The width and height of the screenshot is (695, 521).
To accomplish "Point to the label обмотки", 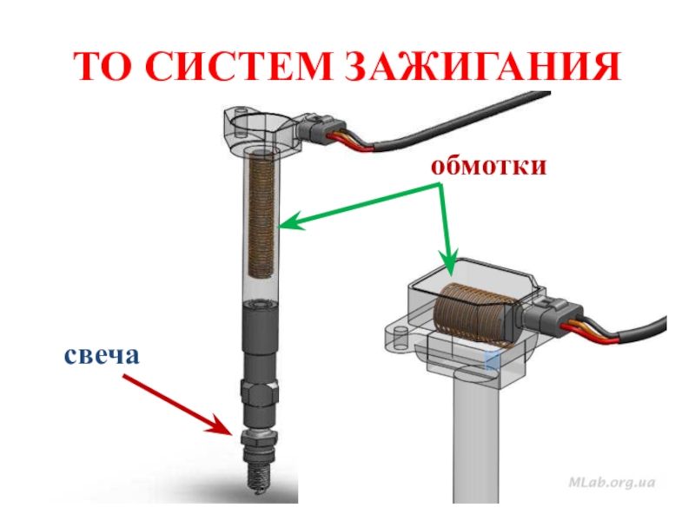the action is click(x=488, y=166).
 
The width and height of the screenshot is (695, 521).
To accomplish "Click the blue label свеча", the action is click(x=102, y=355).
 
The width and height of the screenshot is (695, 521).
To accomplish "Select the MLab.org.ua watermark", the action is click(x=612, y=482).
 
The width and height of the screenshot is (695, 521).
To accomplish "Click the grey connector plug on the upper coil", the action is click(x=321, y=128).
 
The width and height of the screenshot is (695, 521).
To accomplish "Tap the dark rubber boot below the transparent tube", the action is click(x=260, y=341).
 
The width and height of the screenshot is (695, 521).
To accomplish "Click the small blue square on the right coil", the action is click(x=492, y=360).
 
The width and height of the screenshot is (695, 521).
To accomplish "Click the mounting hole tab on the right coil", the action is click(x=401, y=338).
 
